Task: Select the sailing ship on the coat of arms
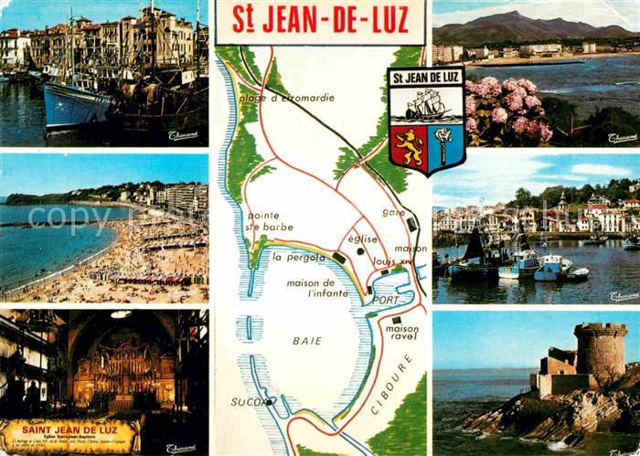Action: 427,106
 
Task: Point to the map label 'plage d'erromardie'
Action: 286,98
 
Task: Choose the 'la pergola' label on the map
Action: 299,257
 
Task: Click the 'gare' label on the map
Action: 393,212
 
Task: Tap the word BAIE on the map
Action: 306,340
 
